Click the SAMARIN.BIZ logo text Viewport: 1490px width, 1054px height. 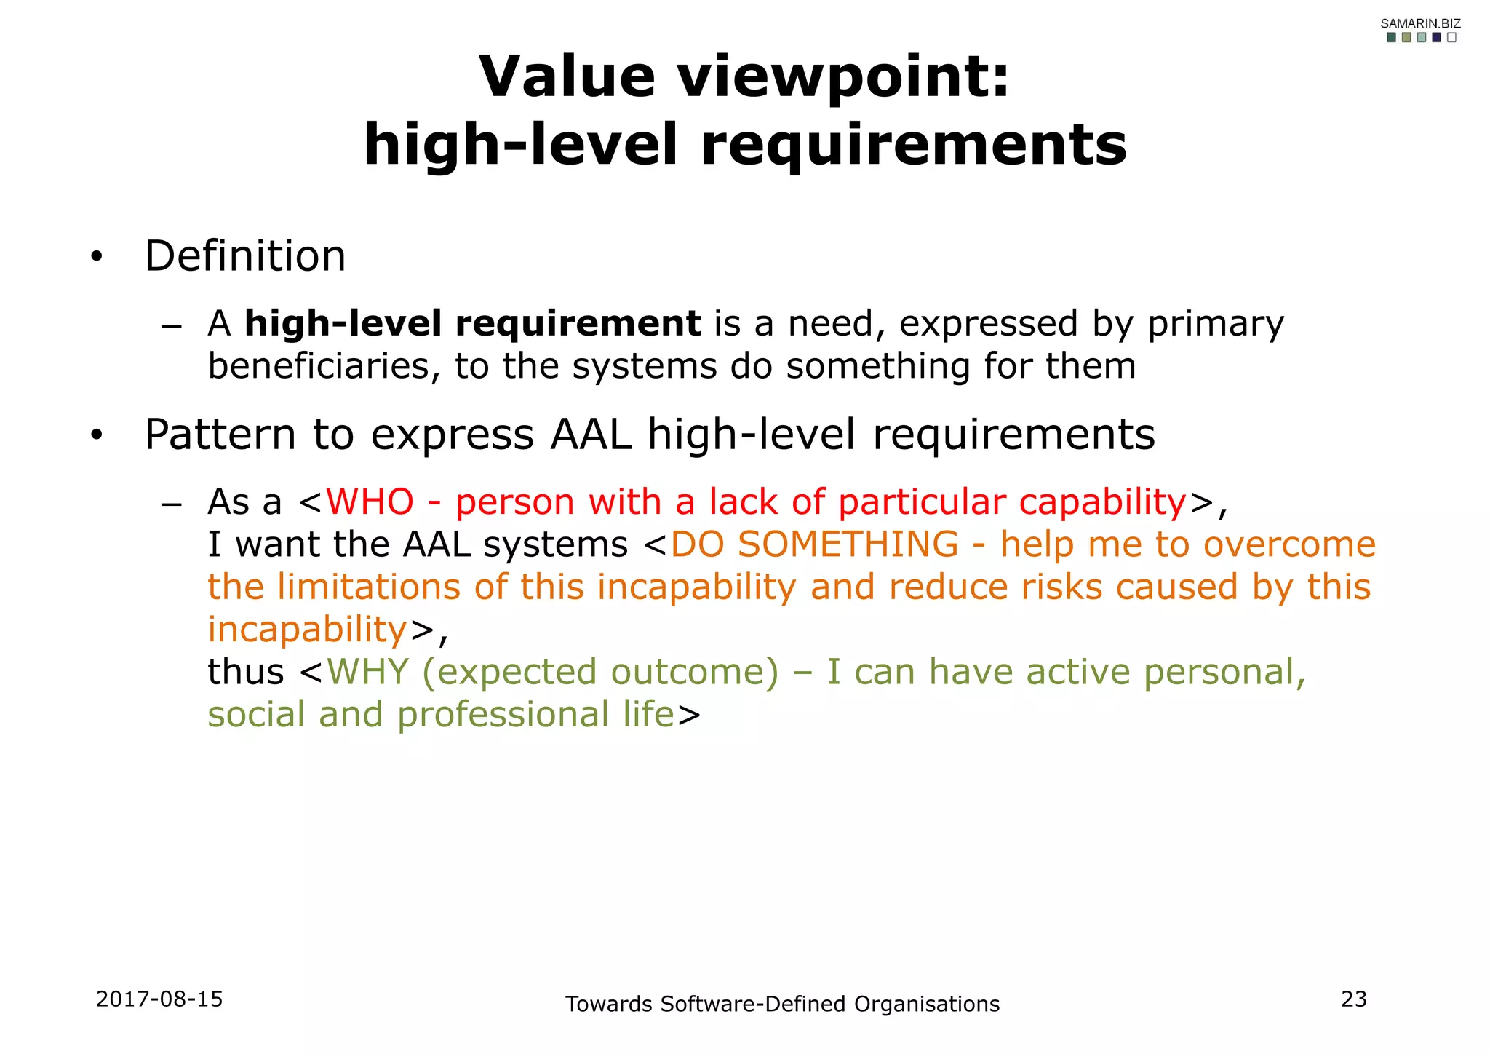click(x=1420, y=24)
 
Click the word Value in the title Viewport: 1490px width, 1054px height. click(x=567, y=76)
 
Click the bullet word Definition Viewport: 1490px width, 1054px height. click(x=245, y=256)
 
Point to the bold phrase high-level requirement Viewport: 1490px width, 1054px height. click(x=472, y=323)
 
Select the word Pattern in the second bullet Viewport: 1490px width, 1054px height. click(x=220, y=435)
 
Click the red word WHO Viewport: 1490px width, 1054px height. click(x=370, y=502)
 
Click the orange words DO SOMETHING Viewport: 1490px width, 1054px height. click(x=814, y=544)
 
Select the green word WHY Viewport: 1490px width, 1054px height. click(x=367, y=672)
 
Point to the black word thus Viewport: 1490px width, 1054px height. click(x=246, y=672)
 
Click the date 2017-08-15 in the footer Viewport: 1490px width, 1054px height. click(x=159, y=999)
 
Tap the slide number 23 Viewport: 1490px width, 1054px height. click(x=1353, y=999)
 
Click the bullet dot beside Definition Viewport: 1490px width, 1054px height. click(x=97, y=258)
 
